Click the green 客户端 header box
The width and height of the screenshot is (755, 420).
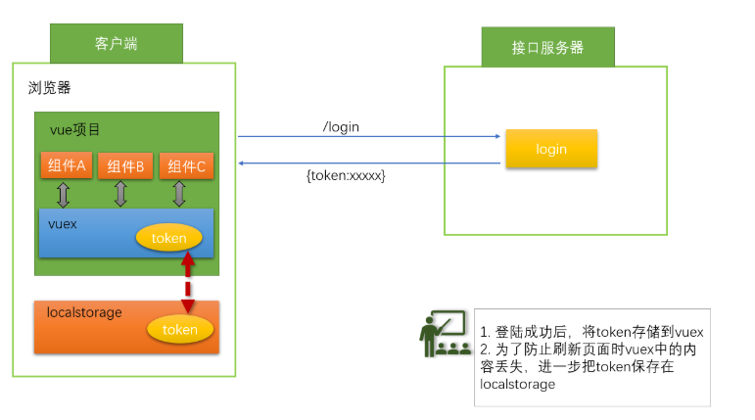(117, 43)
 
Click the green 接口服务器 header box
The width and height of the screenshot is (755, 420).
(548, 47)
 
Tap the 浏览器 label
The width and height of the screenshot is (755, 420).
(49, 88)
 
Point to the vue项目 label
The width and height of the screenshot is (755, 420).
(74, 129)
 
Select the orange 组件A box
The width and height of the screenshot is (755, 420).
(67, 165)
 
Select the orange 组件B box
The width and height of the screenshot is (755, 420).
(125, 166)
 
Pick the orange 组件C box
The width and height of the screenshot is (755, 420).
(186, 166)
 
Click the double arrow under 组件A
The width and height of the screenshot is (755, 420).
(63, 195)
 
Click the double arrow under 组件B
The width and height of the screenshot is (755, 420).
(120, 194)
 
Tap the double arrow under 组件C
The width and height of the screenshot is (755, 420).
(179, 194)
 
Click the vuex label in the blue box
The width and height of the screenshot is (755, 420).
(63, 224)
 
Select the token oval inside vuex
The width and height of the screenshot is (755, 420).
(169, 238)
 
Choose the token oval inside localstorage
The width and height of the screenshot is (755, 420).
(180, 330)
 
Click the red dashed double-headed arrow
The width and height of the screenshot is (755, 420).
(188, 282)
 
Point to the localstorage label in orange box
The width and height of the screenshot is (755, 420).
(84, 312)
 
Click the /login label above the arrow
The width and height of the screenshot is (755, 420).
(341, 126)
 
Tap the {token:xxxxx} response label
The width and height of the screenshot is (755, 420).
(346, 175)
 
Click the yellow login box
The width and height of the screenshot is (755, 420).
(551, 149)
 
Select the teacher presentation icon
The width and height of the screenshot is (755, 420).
(445, 333)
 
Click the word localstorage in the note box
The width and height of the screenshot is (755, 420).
(518, 384)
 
